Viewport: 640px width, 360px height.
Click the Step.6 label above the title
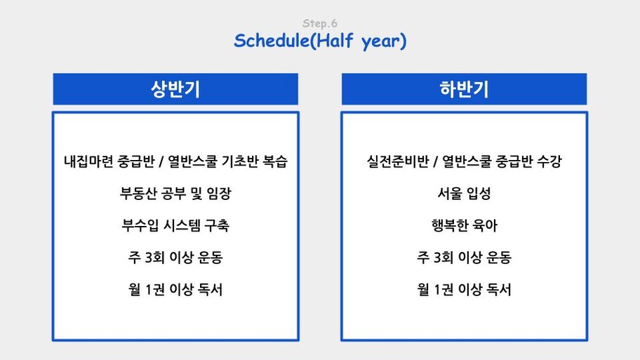click(320, 23)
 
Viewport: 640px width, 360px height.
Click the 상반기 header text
click(175, 89)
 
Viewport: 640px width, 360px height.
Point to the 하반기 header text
click(464, 89)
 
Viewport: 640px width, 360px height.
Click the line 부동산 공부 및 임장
click(175, 193)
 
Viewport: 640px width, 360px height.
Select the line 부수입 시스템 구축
click(175, 225)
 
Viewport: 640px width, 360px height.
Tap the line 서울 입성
click(464, 193)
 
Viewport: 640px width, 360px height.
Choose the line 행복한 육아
click(465, 225)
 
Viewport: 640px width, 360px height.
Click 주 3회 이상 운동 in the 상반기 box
click(175, 257)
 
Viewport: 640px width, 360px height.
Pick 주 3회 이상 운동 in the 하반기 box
click(464, 257)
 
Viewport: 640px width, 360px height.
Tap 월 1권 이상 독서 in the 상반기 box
click(175, 289)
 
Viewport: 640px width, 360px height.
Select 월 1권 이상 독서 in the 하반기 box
click(464, 289)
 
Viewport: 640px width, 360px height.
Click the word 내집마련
click(88, 161)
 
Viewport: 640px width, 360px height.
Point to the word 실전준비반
click(398, 161)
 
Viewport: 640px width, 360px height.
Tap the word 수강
click(549, 161)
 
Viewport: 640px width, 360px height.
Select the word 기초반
click(240, 161)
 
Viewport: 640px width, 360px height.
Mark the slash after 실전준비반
click(436, 161)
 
